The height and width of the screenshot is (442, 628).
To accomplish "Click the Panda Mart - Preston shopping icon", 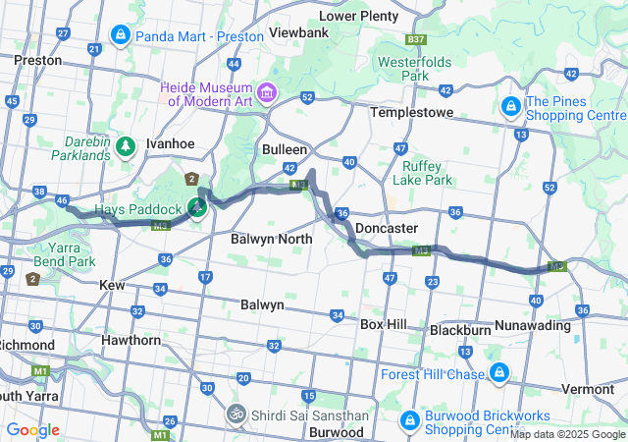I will tap(120, 36).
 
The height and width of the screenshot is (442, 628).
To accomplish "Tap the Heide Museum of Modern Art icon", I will tap(268, 93).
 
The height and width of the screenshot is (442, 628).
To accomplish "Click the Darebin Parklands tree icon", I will tap(126, 147).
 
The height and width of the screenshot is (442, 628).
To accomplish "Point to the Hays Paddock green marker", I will tap(197, 208).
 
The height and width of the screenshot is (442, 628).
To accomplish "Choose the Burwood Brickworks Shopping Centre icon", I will tap(409, 421).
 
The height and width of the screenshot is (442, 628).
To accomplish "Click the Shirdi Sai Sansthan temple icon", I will tap(235, 414).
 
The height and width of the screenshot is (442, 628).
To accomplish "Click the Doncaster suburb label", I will tap(386, 228).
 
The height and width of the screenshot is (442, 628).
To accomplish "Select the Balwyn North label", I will tap(272, 239).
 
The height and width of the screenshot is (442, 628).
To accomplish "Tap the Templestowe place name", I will tap(411, 113).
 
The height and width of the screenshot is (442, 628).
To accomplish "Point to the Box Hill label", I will tap(384, 323).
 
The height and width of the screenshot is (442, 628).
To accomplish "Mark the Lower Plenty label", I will tap(359, 16).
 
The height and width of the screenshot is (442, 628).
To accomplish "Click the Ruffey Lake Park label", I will tap(422, 173).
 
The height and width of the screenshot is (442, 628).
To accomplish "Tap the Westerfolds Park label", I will tap(413, 68).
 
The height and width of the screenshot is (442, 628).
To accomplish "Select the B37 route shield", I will tap(416, 40).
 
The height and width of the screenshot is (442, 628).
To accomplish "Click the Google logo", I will tap(32, 430).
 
